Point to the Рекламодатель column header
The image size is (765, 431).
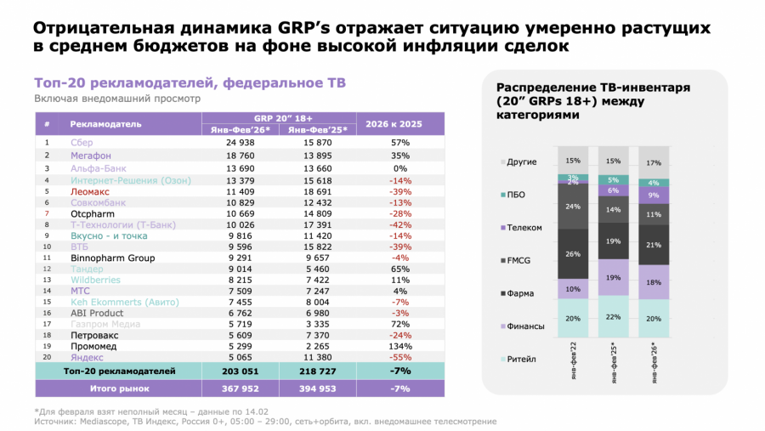[105, 123]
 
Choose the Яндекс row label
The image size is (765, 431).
[86, 358]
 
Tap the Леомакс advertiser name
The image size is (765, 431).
[89, 193]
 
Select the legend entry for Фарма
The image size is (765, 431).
[518, 294]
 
